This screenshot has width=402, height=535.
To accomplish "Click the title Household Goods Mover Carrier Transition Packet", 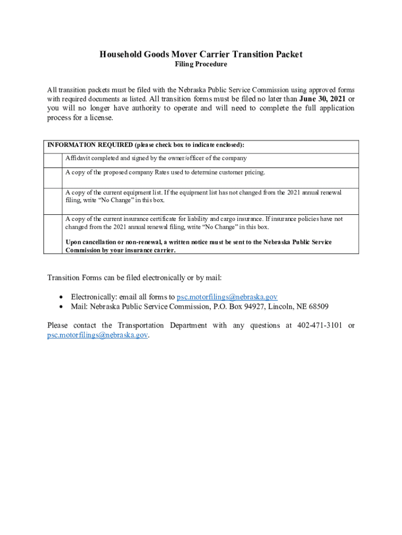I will point(201,54).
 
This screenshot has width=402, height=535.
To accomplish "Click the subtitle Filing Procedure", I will point(201,64).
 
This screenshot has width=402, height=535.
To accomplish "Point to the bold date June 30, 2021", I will point(322,99).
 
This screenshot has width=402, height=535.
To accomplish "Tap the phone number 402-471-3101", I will point(320,325).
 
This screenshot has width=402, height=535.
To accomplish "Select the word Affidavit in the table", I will point(77,158).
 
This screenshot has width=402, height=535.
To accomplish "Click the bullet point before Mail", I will point(62,307).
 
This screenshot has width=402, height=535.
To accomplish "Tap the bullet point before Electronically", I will point(62,297).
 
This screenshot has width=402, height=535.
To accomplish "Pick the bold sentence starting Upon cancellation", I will point(198,246).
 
